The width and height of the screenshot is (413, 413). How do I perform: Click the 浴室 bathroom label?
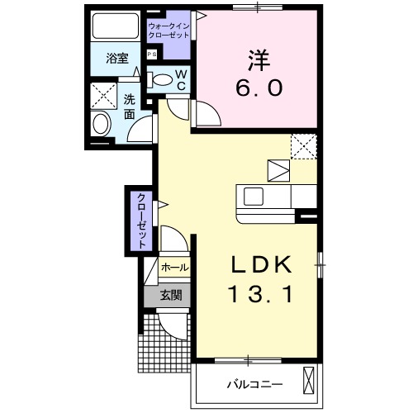(116, 59)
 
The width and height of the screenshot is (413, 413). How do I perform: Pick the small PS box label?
(151, 55)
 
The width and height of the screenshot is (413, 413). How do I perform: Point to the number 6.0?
(257, 87)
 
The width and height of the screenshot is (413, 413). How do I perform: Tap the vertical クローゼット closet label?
(140, 221)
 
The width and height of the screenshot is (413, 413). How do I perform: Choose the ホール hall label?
(173, 268)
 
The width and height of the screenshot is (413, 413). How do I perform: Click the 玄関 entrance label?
(172, 293)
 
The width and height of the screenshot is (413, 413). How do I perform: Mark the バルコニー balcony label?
(254, 384)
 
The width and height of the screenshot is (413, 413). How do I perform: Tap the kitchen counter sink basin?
(253, 197)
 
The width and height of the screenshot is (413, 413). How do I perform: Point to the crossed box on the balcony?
(309, 382)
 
